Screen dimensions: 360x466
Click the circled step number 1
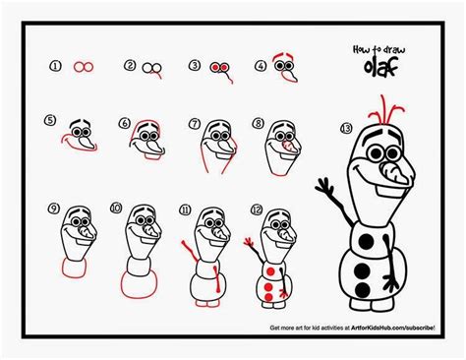57,66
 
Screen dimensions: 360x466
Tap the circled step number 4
261,66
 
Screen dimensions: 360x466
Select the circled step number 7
195,124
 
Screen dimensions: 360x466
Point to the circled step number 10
116,209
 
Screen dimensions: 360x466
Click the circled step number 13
344,128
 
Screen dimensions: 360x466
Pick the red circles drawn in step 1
86,67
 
